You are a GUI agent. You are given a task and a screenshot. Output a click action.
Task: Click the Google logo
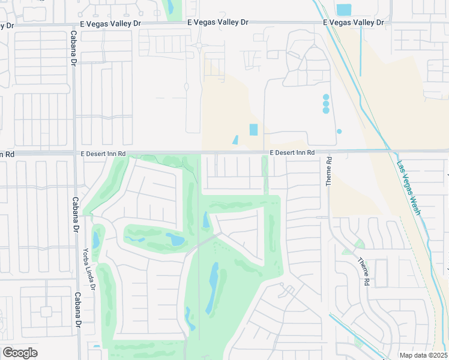pos(20,353)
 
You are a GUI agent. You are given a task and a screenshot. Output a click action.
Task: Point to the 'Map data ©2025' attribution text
pos(415,355)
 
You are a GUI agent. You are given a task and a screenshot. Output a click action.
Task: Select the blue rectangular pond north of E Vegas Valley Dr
pos(344,10)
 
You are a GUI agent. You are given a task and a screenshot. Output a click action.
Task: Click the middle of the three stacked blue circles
pos(326,103)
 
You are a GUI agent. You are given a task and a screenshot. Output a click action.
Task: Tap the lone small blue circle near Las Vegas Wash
pos(339,131)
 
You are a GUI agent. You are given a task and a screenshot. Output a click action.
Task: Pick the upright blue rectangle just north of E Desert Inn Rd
pos(253,130)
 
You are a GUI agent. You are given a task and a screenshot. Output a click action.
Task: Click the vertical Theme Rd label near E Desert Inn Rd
pos(329,172)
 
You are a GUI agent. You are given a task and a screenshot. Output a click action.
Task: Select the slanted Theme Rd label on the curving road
pos(364,271)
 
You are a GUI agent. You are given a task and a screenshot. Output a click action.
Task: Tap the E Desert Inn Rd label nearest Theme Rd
pos(292,153)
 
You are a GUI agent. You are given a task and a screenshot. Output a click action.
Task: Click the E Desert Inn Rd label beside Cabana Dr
pos(103,154)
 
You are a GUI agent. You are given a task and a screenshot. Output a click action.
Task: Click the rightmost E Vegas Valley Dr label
pos(353,22)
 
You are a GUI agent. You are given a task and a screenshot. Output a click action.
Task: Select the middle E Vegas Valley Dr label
pos(218,22)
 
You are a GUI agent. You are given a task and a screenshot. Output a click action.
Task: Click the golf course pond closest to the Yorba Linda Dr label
pos(96,240)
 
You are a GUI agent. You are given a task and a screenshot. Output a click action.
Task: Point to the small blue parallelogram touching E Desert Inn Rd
pos(235,140)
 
